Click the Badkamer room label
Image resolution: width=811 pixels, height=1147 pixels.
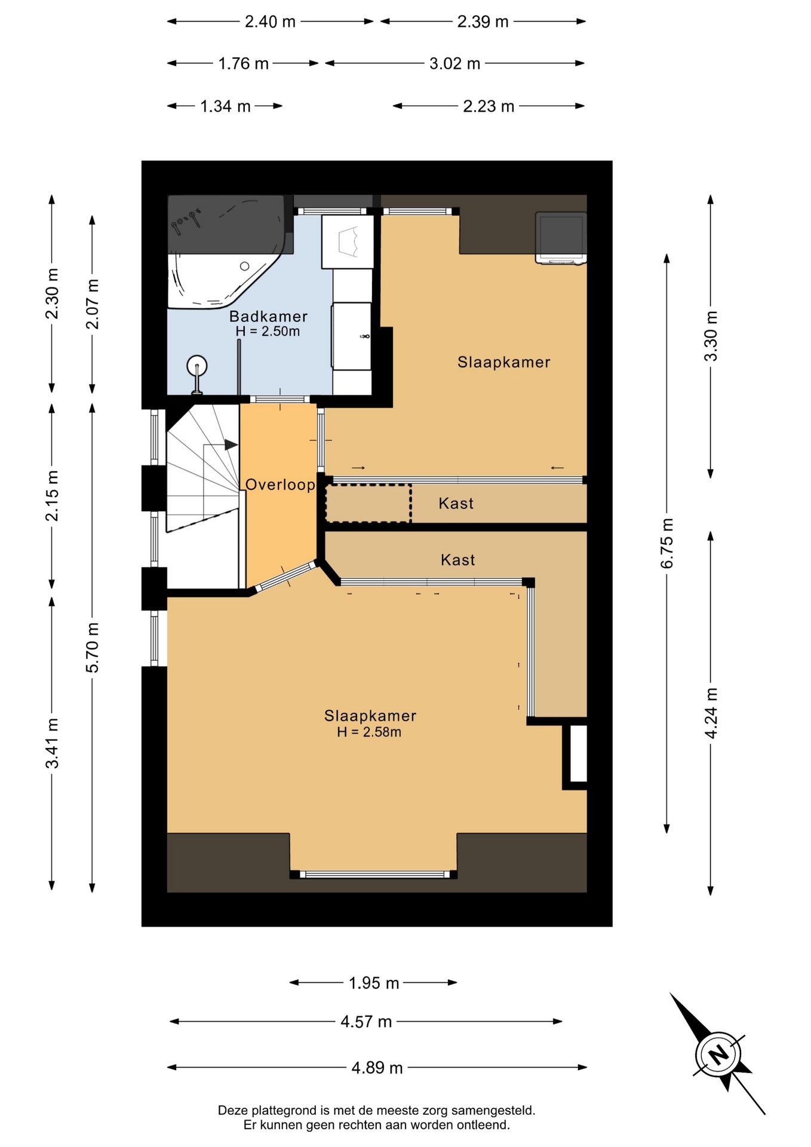[268, 316]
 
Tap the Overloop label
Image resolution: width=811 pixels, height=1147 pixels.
[281, 484]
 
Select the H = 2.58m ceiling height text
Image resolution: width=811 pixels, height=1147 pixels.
[369, 732]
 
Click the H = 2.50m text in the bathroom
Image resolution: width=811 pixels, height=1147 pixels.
[268, 331]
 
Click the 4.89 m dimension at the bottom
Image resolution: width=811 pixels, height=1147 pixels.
[377, 1068]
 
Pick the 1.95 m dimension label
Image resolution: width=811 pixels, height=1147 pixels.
[374, 983]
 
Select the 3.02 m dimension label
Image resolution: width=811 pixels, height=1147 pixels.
[454, 63]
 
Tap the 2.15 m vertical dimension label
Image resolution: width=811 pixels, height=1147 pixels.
[52, 495]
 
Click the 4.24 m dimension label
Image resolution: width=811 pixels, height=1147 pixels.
[711, 713]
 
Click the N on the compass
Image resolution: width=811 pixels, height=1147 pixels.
[718, 1054]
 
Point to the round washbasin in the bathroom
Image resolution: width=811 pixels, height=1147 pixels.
[196, 366]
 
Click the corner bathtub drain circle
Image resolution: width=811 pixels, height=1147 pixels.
[244, 266]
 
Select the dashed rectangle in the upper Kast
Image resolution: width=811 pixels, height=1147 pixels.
[368, 503]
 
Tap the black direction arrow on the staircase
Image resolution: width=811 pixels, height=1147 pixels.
[231, 444]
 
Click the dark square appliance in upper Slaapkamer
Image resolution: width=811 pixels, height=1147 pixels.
[561, 237]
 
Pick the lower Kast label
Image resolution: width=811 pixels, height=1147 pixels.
[457, 560]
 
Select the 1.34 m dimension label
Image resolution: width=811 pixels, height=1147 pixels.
[225, 106]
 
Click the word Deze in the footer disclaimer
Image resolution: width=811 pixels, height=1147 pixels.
[232, 1111]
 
